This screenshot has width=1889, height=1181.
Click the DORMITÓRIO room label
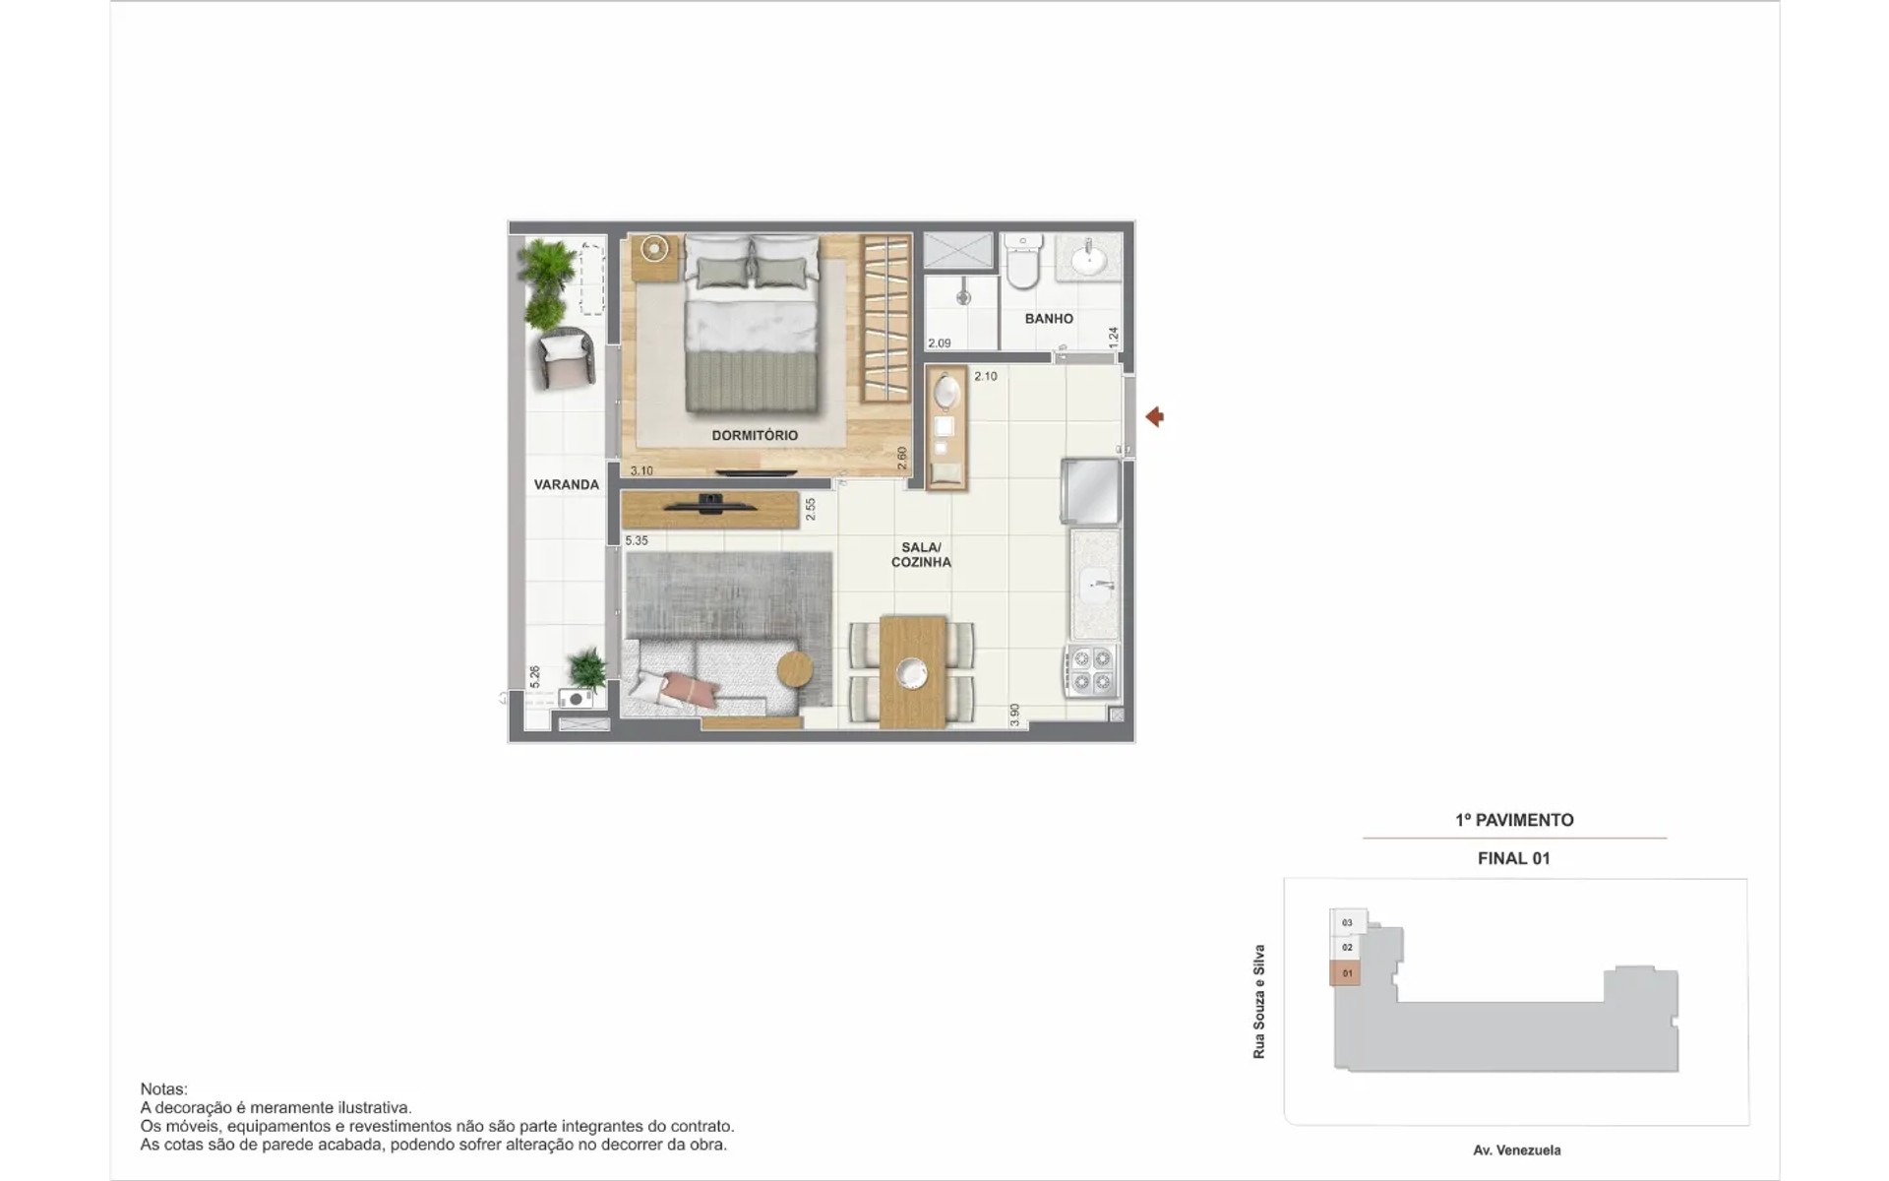tap(755, 435)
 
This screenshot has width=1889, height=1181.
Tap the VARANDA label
tap(566, 484)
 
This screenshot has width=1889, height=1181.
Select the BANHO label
tap(1049, 319)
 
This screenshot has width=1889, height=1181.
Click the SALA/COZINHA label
tap(921, 555)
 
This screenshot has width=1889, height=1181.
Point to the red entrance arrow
tap(1155, 417)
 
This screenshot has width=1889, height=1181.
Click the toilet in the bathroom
tap(1023, 261)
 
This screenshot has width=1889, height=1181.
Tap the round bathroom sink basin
tap(1089, 261)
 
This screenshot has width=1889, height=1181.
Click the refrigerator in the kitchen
tap(1090, 491)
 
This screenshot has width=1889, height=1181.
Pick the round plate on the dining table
tap(912, 673)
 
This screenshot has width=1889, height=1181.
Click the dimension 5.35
tap(637, 540)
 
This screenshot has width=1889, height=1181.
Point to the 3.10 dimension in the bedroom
tap(641, 470)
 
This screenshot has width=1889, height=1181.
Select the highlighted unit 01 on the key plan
tap(1346, 973)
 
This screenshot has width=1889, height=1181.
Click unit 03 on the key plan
tap(1347, 922)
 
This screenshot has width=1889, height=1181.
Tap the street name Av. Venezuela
tap(1516, 1150)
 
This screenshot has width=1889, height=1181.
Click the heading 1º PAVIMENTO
tap(1514, 820)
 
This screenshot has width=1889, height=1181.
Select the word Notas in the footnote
tap(163, 1089)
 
